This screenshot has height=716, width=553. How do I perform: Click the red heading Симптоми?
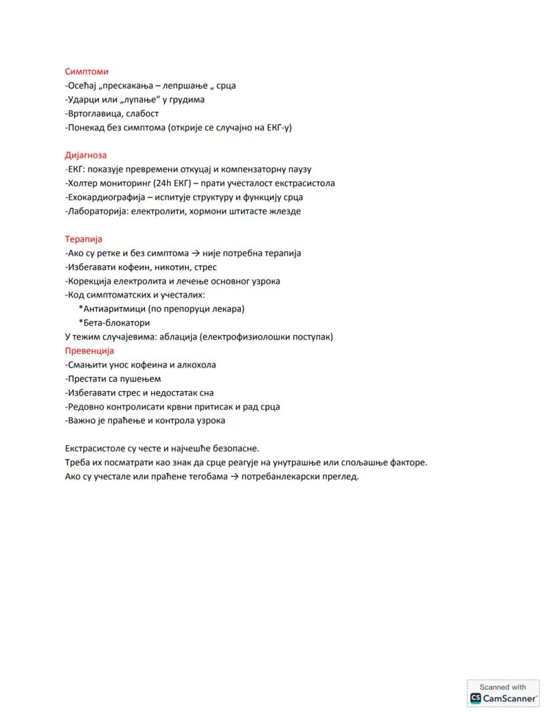pyautogui.click(x=87, y=72)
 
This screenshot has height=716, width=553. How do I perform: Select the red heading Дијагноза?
pyautogui.click(x=85, y=156)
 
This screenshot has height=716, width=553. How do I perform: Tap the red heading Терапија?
pyautogui.click(x=83, y=239)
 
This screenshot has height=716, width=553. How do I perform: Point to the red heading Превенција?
pyautogui.click(x=89, y=351)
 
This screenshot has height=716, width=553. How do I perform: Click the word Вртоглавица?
pyautogui.click(x=94, y=114)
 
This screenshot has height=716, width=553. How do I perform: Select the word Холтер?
pyautogui.click(x=85, y=183)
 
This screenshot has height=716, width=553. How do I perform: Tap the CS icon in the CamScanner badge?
pyautogui.click(x=476, y=698)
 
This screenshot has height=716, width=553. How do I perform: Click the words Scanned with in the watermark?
pyautogui.click(x=503, y=687)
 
